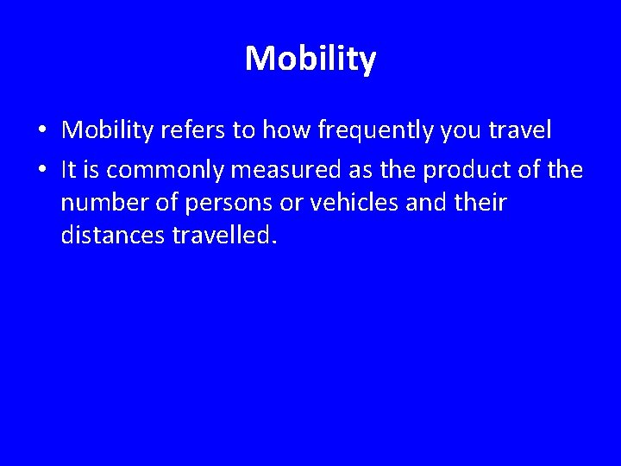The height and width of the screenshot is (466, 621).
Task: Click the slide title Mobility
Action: [x=310, y=60]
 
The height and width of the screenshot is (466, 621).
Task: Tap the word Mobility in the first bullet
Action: [x=108, y=130]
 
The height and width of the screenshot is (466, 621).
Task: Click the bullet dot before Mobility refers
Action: [x=42, y=131]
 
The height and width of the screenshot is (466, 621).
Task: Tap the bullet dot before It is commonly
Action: [x=42, y=172]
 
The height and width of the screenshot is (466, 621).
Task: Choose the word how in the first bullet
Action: [x=279, y=130]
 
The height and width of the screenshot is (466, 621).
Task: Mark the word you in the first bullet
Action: [x=453, y=132]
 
